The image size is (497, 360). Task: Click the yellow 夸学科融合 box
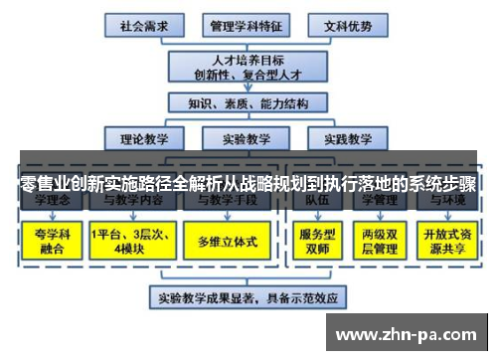pos(49,241)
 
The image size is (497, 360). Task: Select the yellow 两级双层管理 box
pos(383,241)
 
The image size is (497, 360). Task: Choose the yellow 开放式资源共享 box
pos(448,241)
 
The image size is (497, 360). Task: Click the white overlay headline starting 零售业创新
pos(248,185)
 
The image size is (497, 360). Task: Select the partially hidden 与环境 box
pos(448,202)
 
